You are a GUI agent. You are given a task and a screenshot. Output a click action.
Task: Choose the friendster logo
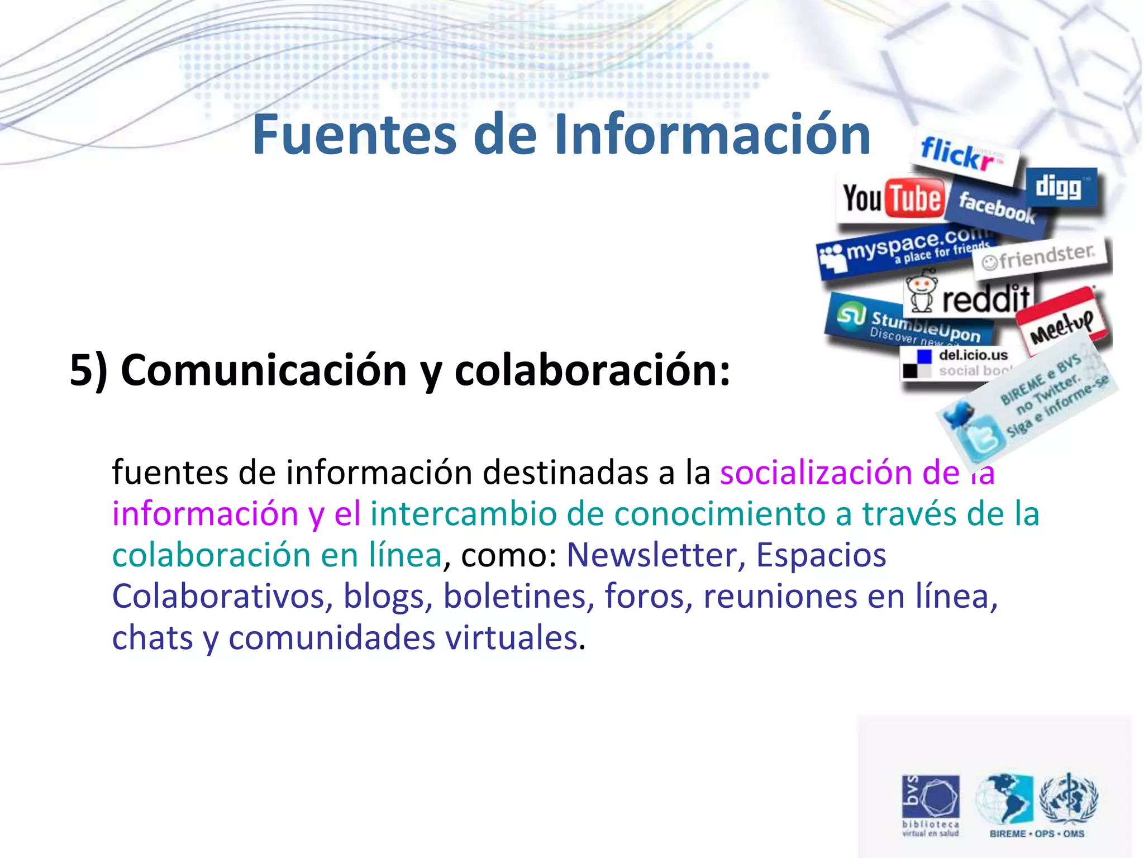pyautogui.click(x=1039, y=258)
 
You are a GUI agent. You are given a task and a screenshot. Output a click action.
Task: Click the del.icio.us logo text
pyautogui.click(x=973, y=355)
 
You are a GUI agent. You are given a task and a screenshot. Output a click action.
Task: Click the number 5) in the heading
pyautogui.click(x=88, y=370)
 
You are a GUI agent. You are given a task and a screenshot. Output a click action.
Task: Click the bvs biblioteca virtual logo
pyautogui.click(x=930, y=804)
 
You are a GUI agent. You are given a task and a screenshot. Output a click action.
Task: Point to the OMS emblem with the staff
pyautogui.click(x=1068, y=799)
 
